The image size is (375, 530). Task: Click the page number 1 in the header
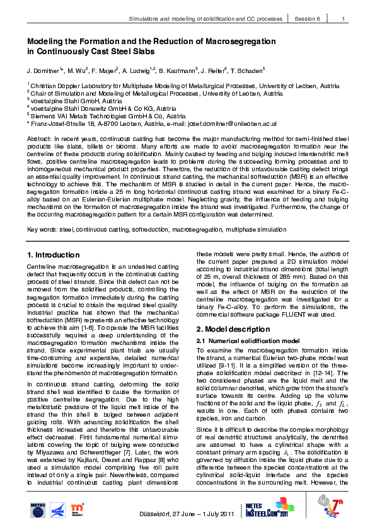[343, 20]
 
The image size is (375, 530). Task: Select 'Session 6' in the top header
[308, 20]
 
